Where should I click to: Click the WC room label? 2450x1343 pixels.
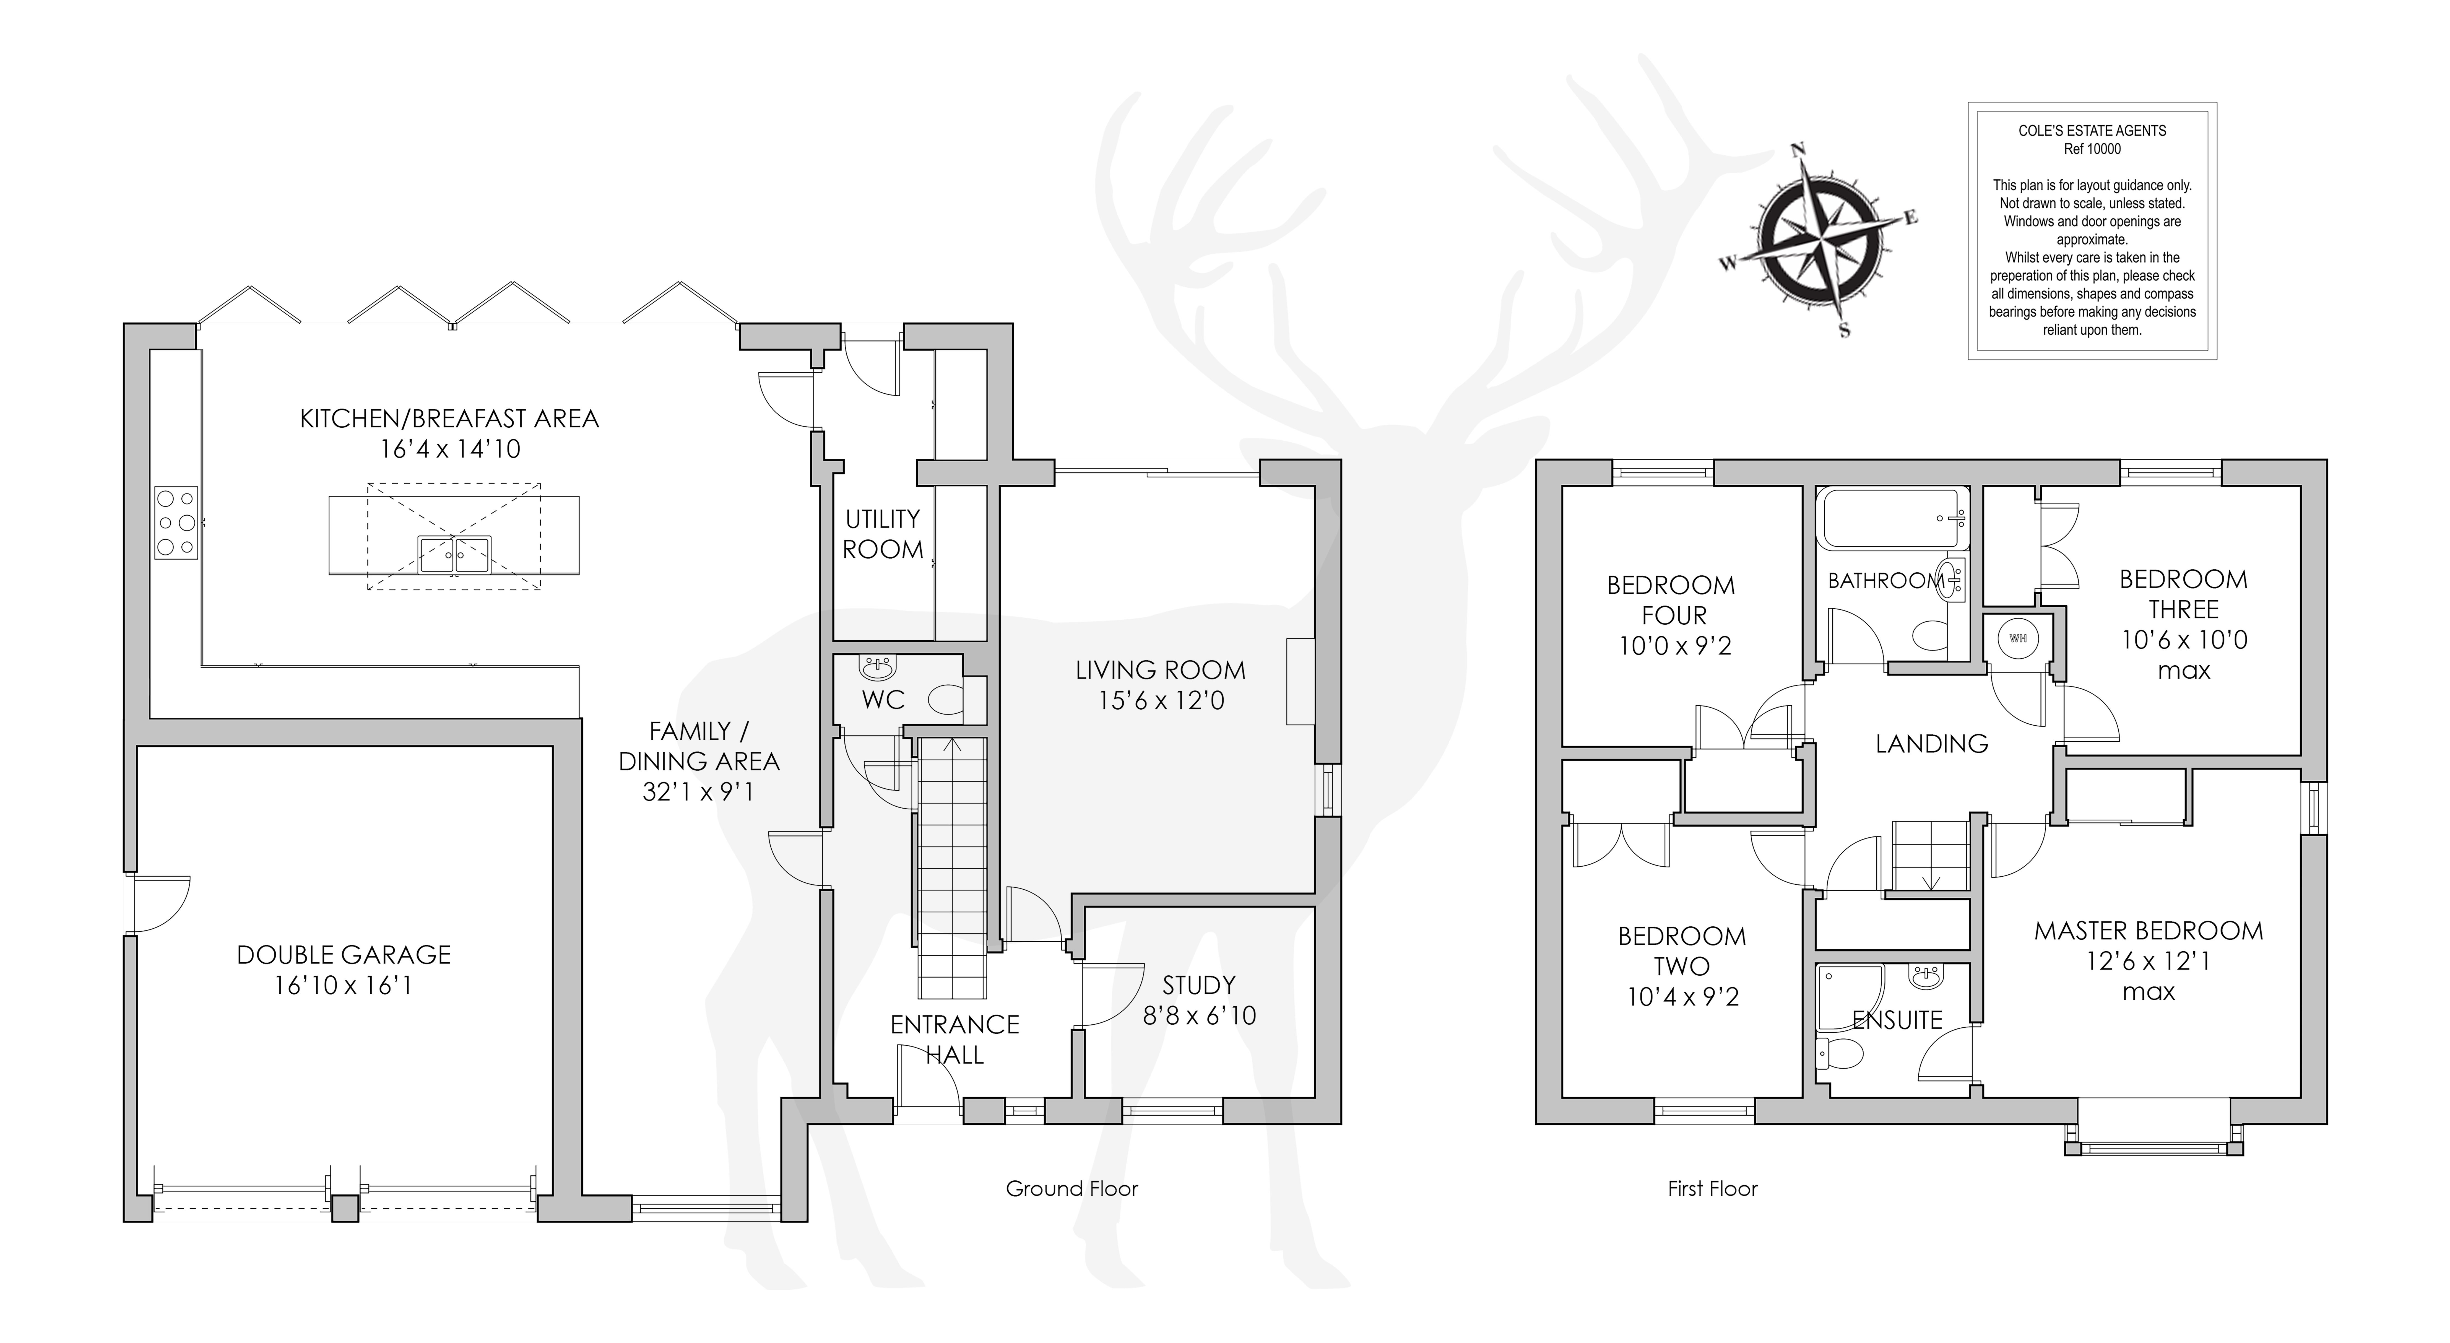click(x=883, y=700)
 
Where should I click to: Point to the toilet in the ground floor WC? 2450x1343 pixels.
click(x=945, y=701)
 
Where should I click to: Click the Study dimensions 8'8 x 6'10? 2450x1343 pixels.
click(x=1199, y=1016)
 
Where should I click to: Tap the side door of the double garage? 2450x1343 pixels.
click(x=160, y=903)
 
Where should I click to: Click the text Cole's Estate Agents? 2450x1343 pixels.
click(x=2092, y=130)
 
